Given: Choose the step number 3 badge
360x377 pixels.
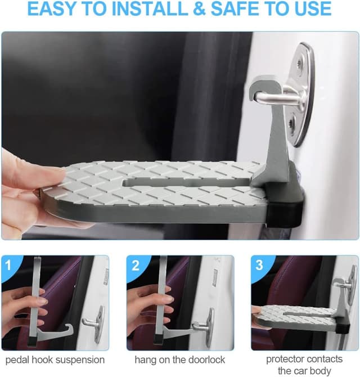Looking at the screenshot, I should click(x=259, y=264).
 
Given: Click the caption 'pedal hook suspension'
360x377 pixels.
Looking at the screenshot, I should click(x=55, y=359).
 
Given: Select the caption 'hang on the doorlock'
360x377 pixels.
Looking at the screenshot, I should click(x=179, y=359).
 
